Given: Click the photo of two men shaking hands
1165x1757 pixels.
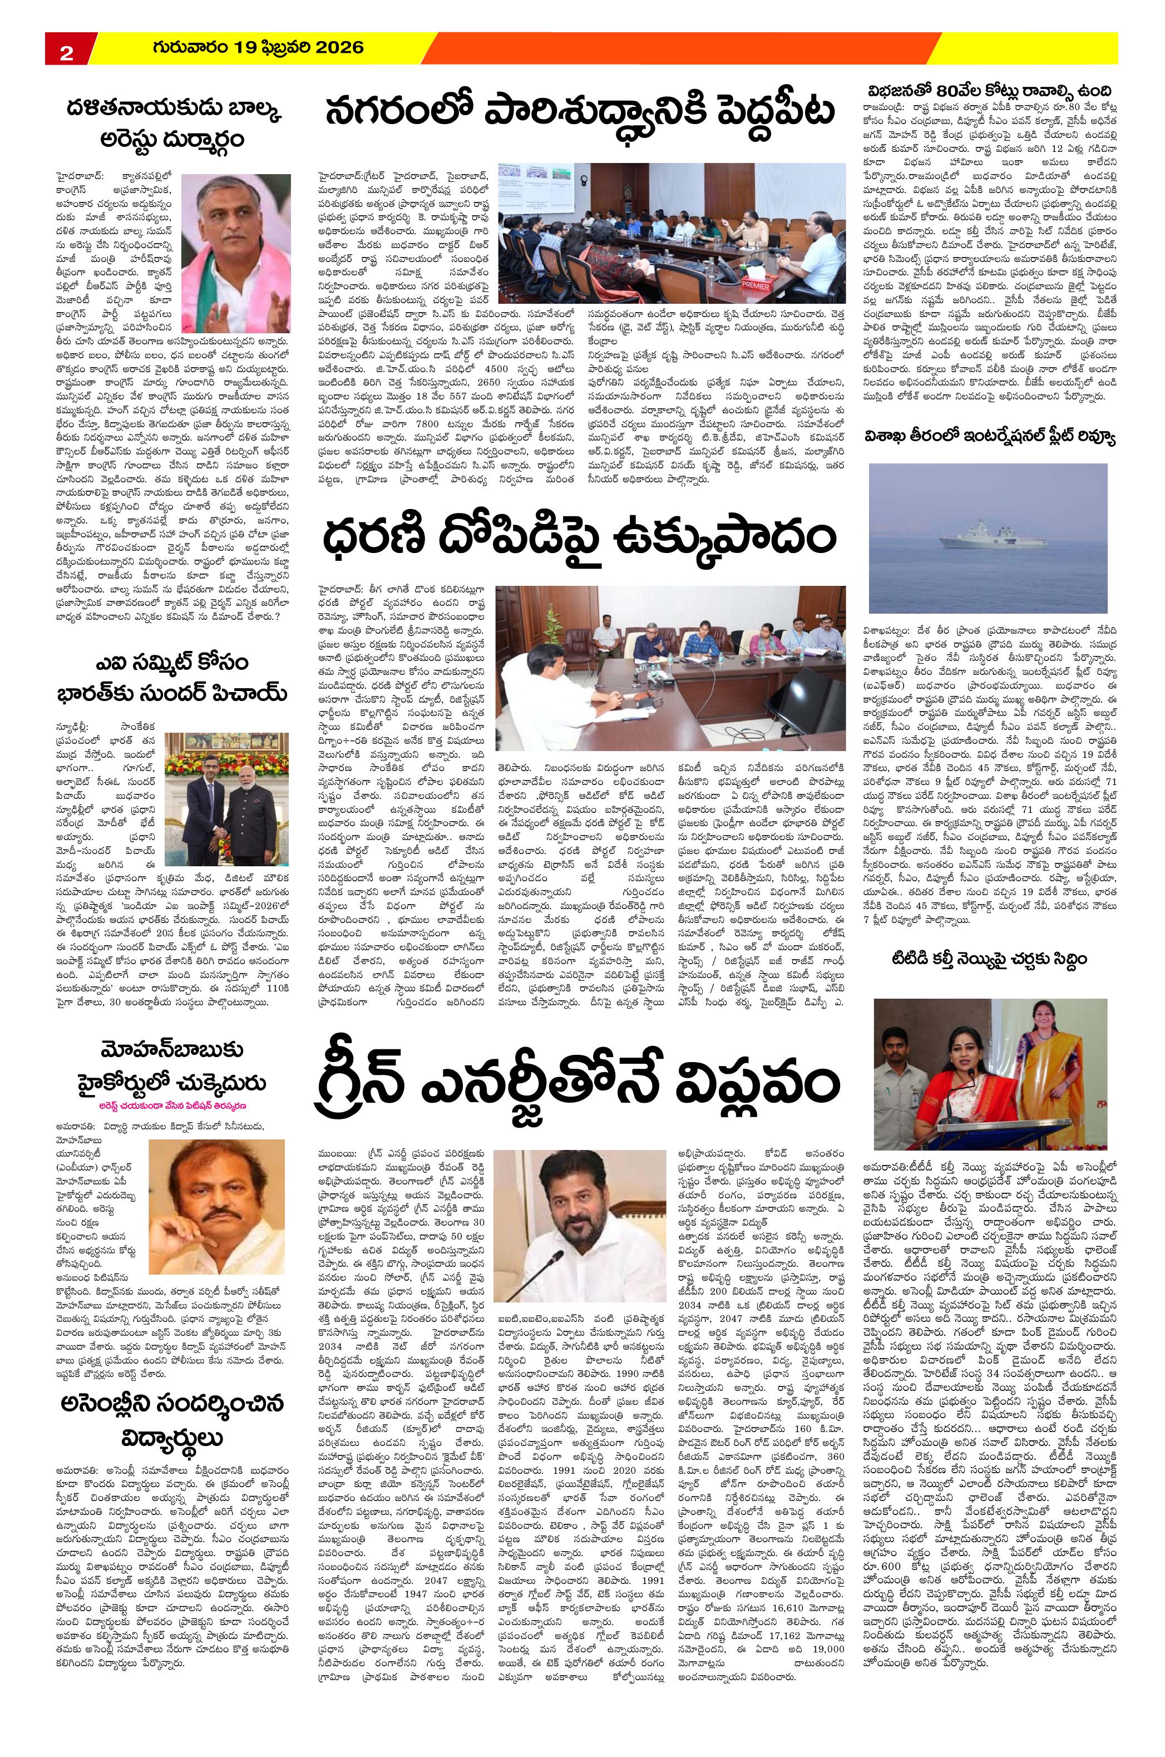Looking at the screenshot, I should [x=225, y=793].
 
